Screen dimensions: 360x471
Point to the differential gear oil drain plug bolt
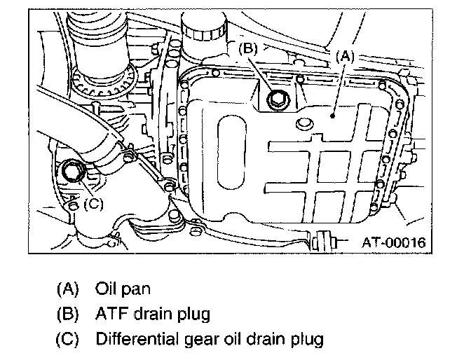[72, 170]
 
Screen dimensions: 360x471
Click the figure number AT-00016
[393, 243]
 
